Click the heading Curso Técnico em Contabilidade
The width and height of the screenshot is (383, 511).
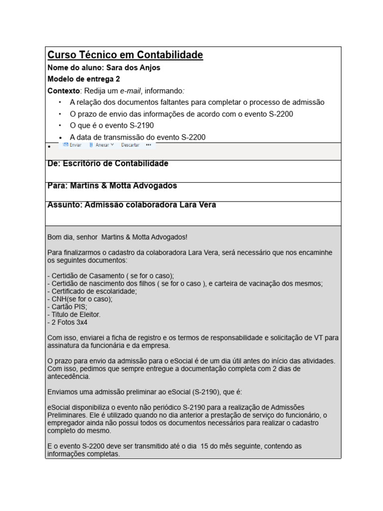point(125,55)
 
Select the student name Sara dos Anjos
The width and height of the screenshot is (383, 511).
point(133,67)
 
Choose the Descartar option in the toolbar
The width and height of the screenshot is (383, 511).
point(130,145)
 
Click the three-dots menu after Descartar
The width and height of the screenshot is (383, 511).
point(149,145)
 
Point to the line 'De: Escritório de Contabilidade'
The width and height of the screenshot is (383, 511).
point(108,164)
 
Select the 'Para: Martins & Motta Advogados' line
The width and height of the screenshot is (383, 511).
point(112,186)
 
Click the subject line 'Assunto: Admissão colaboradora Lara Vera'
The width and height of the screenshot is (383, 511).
point(132,205)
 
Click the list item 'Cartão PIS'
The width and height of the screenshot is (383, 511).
point(68,306)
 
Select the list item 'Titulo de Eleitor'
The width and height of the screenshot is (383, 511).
point(75,314)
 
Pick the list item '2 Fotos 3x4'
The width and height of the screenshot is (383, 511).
point(68,322)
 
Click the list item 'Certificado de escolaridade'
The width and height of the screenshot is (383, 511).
point(93,291)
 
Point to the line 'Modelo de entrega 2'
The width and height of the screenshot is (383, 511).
point(83,79)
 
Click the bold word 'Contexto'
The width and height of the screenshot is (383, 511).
point(63,90)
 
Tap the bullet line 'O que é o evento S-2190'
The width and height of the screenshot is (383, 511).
point(112,125)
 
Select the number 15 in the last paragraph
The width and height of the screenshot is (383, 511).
point(204,446)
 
